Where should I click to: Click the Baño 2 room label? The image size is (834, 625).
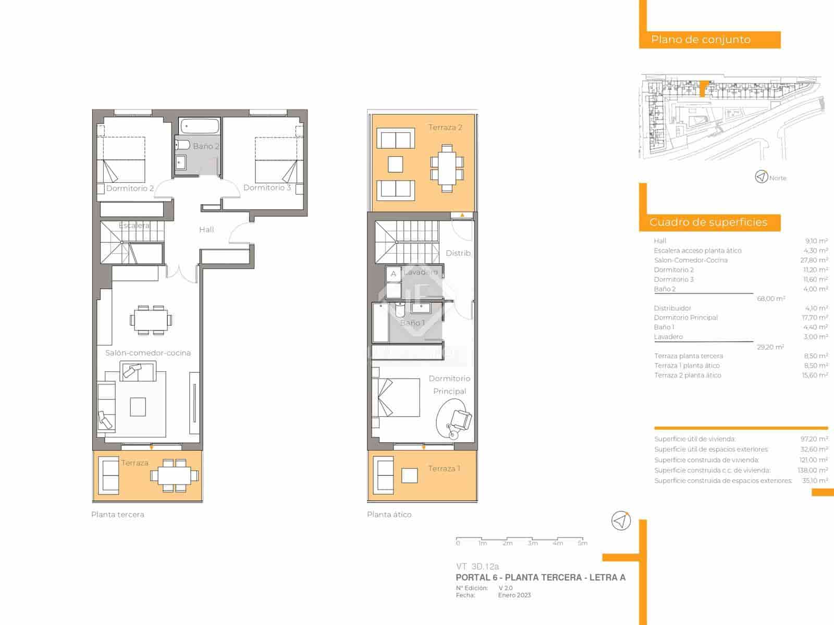click(x=206, y=146)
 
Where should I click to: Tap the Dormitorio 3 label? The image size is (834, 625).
click(x=267, y=187)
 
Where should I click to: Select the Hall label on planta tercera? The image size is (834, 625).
click(x=206, y=230)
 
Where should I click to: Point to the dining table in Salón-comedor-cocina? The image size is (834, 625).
click(x=151, y=320)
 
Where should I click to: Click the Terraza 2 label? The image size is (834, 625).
click(x=445, y=128)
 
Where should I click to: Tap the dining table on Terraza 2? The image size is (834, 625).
click(x=447, y=168)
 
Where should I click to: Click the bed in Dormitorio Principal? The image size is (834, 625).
click(x=396, y=397)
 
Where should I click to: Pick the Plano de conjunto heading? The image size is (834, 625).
click(x=701, y=40)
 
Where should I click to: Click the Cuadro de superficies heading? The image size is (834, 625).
click(x=708, y=222)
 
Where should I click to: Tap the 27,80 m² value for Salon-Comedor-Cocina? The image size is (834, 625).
click(x=815, y=260)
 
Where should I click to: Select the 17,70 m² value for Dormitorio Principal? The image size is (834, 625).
click(x=815, y=317)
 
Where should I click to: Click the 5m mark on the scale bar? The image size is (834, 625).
click(x=583, y=543)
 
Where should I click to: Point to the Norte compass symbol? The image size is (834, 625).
click(x=762, y=177)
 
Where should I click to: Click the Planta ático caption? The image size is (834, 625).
click(x=389, y=515)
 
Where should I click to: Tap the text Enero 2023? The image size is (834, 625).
click(x=514, y=595)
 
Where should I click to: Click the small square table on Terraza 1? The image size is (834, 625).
click(x=410, y=476)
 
